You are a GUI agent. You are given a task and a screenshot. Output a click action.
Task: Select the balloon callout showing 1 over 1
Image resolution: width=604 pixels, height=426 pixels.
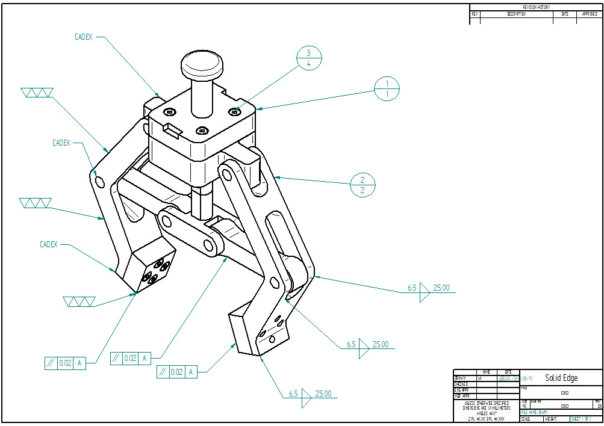(x=388, y=88)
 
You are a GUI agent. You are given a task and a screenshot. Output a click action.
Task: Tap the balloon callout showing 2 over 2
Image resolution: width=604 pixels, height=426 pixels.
(x=363, y=185)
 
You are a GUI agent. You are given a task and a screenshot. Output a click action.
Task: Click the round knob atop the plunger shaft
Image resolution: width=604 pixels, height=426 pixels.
(x=202, y=63)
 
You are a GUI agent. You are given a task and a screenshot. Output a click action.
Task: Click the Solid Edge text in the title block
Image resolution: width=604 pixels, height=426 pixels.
(x=561, y=378)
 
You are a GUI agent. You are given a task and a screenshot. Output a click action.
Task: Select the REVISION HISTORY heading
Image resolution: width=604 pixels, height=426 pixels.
(x=535, y=7)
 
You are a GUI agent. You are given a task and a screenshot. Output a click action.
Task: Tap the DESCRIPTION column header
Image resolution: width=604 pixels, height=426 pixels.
(x=516, y=14)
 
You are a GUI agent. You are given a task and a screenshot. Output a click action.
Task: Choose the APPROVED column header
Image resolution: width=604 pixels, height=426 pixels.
(x=590, y=14)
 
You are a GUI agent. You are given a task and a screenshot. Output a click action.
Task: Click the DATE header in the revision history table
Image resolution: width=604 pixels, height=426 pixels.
(x=564, y=14)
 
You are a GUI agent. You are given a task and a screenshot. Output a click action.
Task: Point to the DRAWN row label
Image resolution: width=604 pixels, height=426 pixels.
(x=461, y=378)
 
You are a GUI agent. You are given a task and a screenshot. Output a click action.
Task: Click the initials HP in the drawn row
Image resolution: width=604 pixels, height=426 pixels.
(x=479, y=378)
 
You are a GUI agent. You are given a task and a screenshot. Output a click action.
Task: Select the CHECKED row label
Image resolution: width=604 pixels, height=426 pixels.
(x=462, y=384)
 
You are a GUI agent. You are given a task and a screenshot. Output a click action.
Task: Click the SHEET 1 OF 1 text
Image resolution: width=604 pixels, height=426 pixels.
(x=581, y=419)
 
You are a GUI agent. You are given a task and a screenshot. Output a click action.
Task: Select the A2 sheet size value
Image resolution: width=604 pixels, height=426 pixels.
(x=524, y=406)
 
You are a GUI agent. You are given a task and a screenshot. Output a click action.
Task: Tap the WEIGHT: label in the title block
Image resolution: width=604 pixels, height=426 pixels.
(x=550, y=419)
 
